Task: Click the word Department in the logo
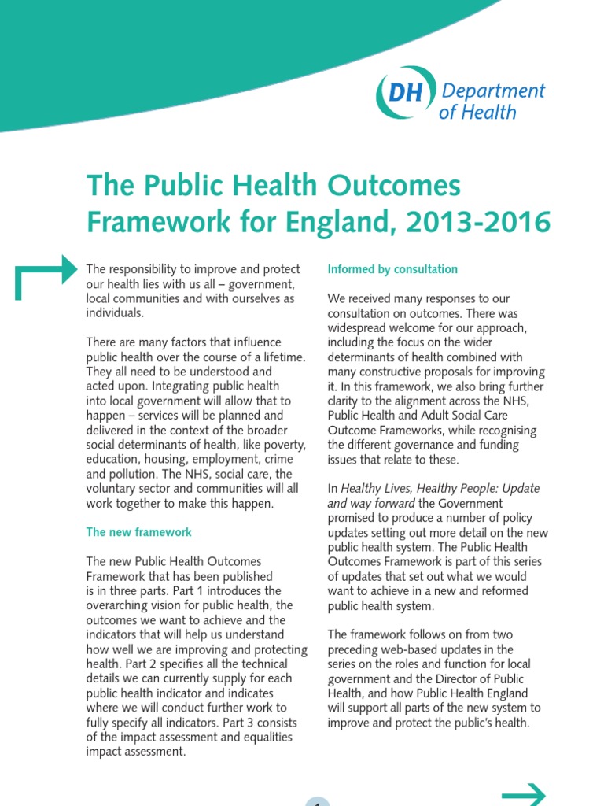point(492,91)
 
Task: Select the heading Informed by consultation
point(392,269)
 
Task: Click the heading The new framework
point(138,532)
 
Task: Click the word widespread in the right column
point(360,327)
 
